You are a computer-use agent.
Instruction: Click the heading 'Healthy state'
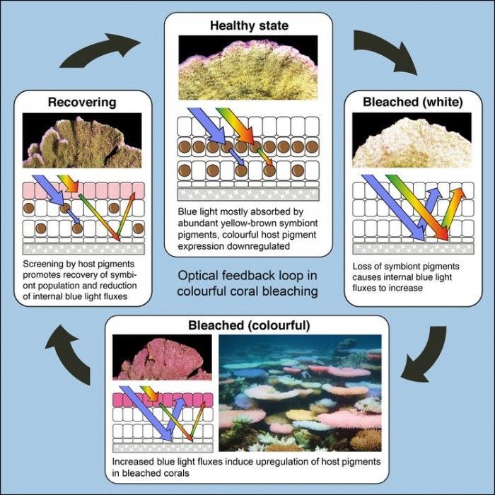pos(249,25)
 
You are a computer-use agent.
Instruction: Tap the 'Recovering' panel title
pos(82,103)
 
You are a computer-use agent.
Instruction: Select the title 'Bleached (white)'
pos(412,102)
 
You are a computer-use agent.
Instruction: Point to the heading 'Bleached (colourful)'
pos(249,325)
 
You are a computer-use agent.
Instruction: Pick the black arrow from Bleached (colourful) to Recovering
pos(68,354)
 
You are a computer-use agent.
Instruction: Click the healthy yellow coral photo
pos(248,68)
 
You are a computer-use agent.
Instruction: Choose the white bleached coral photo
pos(412,140)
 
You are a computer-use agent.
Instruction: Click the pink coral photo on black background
pos(162,357)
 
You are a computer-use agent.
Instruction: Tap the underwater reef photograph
pos(300,393)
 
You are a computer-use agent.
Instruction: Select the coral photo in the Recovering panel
pos(82,141)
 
